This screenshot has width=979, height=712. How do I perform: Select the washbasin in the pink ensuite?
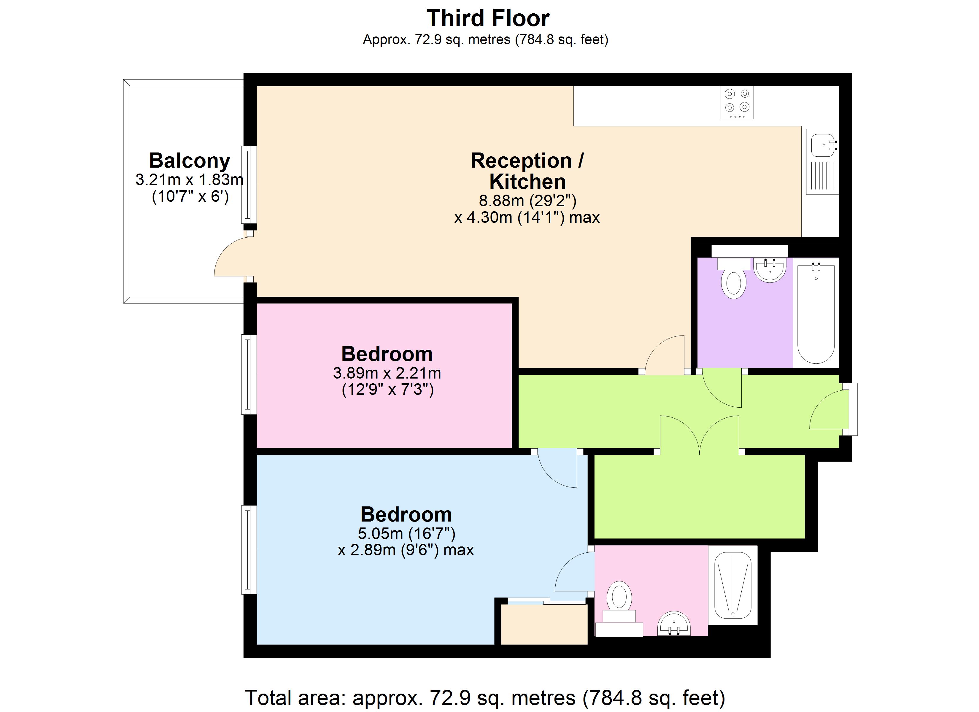(x=673, y=624)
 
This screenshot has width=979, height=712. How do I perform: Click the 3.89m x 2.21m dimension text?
(x=387, y=373)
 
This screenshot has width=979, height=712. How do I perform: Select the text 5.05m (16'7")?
(x=406, y=534)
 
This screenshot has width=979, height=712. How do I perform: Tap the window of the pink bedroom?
(x=248, y=374)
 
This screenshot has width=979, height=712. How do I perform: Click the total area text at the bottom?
(x=485, y=698)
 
